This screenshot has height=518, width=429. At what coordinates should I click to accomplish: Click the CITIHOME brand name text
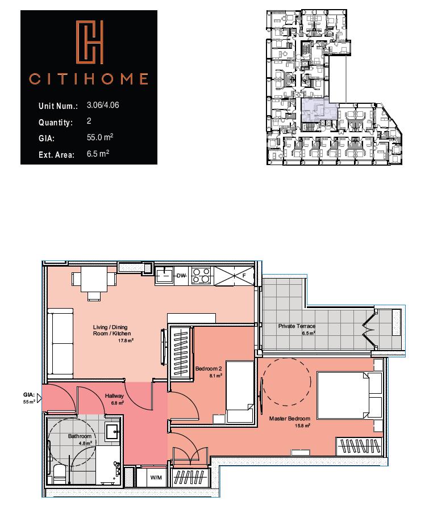pos(88,79)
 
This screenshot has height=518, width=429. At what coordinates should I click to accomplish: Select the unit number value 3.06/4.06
pos(103,105)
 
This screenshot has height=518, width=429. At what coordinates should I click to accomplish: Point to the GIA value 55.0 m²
pos(100,137)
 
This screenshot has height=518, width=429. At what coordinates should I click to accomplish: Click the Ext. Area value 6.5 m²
pos(98,154)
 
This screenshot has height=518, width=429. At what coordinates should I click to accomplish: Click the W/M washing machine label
pos(156,478)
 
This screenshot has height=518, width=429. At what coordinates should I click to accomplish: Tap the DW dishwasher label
pos(181,275)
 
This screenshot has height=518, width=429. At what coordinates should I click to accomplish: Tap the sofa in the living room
pos(60,344)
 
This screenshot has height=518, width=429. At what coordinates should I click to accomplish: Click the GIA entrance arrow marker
pos(40,398)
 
